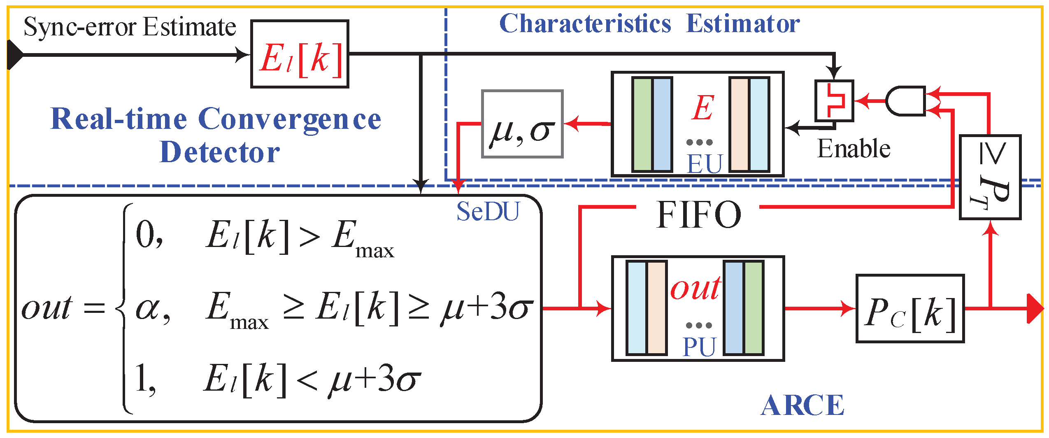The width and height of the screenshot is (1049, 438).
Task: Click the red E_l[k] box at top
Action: click(x=300, y=54)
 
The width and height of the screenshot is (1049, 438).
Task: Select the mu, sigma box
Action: click(x=522, y=124)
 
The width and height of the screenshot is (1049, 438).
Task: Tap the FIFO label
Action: click(x=698, y=214)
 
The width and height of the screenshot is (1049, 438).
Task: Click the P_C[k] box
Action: click(x=910, y=308)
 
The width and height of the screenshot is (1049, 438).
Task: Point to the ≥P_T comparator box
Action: click(x=990, y=177)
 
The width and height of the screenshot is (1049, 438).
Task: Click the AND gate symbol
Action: click(x=905, y=101)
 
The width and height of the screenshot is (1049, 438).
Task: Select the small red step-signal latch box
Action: click(x=834, y=101)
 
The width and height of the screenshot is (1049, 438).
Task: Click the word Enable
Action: click(x=854, y=149)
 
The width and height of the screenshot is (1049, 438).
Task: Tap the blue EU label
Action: click(x=705, y=163)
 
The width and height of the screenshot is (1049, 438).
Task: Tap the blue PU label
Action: click(x=699, y=347)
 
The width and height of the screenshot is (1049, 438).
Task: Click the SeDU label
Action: click(x=488, y=212)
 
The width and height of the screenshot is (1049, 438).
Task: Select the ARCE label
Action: click(x=802, y=405)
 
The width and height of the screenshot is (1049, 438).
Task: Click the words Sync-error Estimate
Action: click(x=130, y=27)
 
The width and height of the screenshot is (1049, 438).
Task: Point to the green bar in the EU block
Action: click(x=642, y=124)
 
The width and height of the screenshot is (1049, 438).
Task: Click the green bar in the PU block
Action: click(x=754, y=308)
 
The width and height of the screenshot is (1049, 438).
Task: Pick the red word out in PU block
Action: click(x=695, y=288)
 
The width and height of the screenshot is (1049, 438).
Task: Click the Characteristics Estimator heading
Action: click(x=649, y=23)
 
